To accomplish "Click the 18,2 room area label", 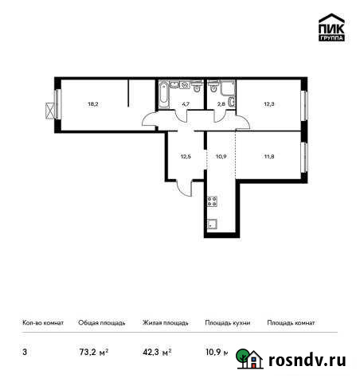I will [93, 103].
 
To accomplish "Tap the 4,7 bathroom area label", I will [185, 103].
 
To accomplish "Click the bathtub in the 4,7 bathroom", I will [163, 97].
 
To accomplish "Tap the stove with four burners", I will [212, 201].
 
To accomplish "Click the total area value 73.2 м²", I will [93, 351].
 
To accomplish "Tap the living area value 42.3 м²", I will [157, 351].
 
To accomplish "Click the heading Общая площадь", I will [102, 323].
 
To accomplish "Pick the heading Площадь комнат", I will [292, 323].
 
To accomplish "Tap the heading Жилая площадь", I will [165, 323].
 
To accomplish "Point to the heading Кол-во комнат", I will [42, 323].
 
